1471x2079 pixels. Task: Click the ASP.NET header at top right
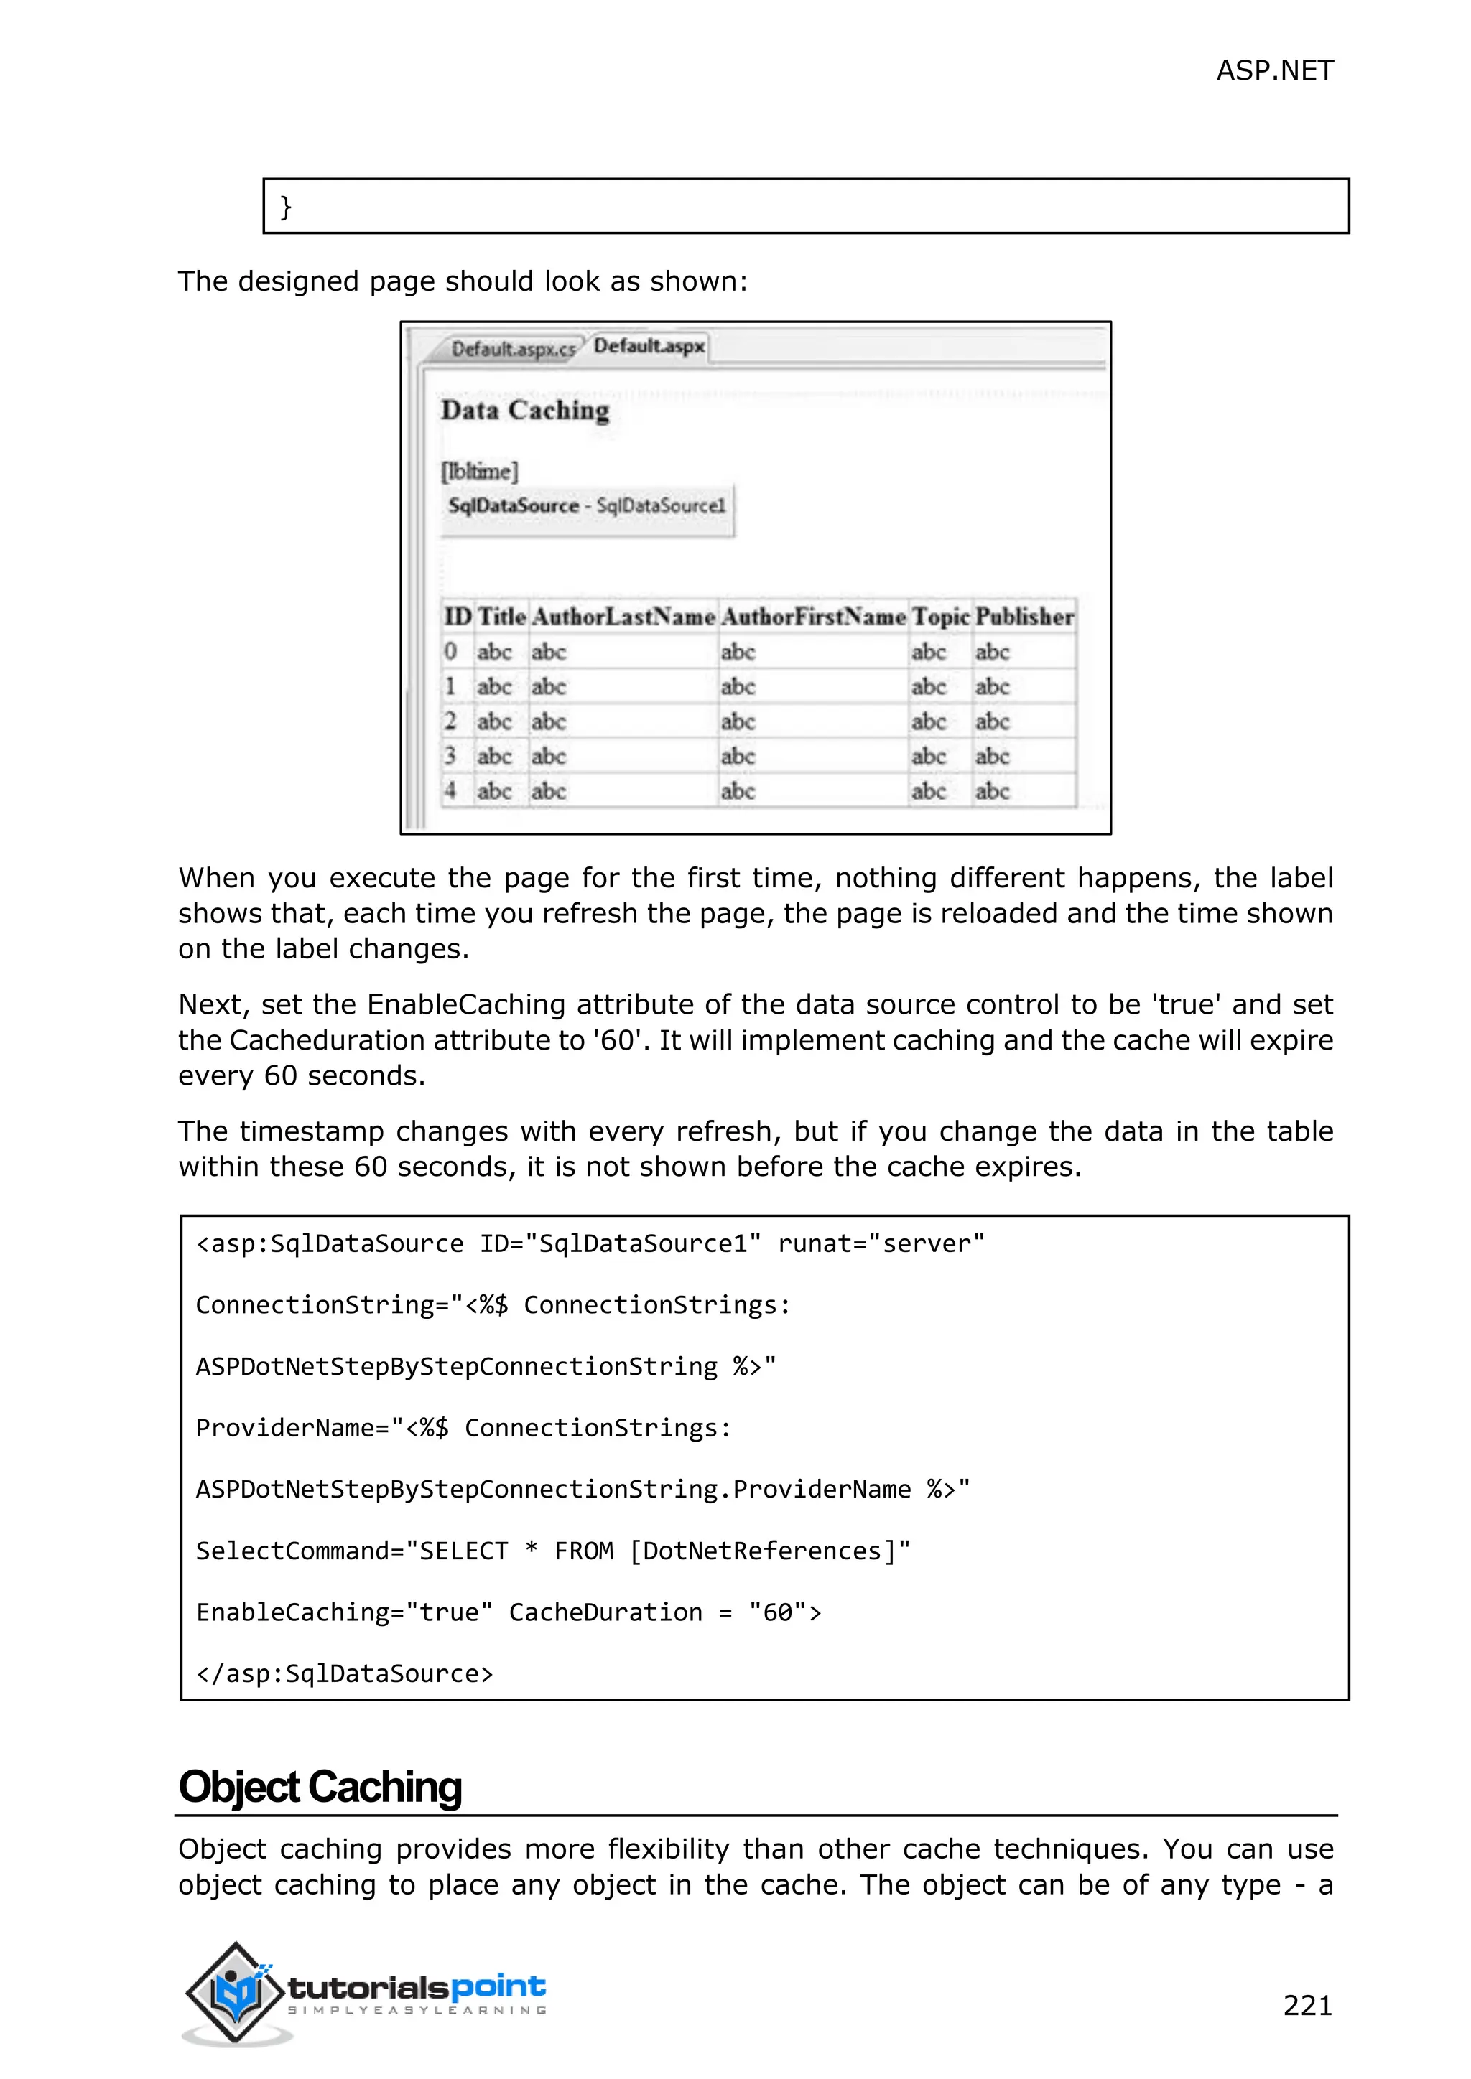click(1273, 70)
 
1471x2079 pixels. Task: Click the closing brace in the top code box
click(285, 207)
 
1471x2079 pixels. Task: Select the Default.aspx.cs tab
click(513, 349)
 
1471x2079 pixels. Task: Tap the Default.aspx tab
click(649, 346)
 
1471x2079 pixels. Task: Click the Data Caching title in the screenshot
click(524, 410)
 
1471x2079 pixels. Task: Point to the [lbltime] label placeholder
click(479, 471)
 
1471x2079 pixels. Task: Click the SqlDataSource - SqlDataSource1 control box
click(587, 506)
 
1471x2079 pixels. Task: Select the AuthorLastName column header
click(623, 617)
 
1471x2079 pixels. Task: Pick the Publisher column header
click(1024, 617)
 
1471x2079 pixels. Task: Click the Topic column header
click(940, 617)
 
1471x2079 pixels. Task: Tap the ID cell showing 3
click(450, 755)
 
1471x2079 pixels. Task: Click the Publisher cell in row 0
click(992, 652)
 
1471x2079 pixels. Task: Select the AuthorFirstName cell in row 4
click(738, 791)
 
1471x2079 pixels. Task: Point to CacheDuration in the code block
click(605, 1612)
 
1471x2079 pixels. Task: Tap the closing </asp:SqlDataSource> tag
click(344, 1673)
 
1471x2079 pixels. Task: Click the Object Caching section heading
click(320, 1788)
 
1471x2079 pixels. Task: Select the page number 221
click(1307, 2005)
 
